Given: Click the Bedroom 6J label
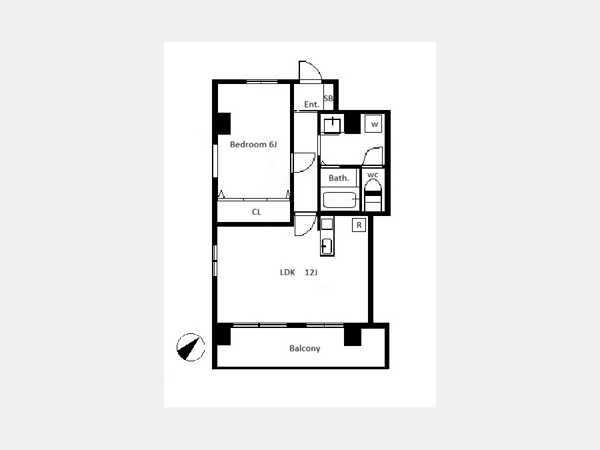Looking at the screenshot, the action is pyautogui.click(x=253, y=144).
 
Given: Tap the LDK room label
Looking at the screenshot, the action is pyautogui.click(x=287, y=273).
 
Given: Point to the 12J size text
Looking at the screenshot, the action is pyautogui.click(x=311, y=273).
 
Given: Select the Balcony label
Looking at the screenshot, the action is pyautogui.click(x=305, y=348).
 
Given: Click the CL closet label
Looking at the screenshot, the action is pyautogui.click(x=257, y=212).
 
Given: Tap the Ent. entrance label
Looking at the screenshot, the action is pyautogui.click(x=311, y=104).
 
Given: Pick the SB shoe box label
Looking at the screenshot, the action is pyautogui.click(x=328, y=99).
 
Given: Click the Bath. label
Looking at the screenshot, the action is pyautogui.click(x=339, y=178).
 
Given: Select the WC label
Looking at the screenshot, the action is pyautogui.click(x=373, y=175).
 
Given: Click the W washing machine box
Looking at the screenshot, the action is pyautogui.click(x=373, y=123).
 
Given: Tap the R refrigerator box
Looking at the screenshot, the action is pyautogui.click(x=359, y=225).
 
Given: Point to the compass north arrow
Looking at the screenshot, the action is pyautogui.click(x=190, y=347).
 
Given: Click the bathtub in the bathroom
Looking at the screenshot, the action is pyautogui.click(x=339, y=200).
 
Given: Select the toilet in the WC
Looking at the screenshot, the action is pyautogui.click(x=373, y=195).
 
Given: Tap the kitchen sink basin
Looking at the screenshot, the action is pyautogui.click(x=327, y=246).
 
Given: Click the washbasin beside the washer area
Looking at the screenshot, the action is pyautogui.click(x=332, y=125).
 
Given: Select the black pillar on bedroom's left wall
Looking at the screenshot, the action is pyautogui.click(x=224, y=123).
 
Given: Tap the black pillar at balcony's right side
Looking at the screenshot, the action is pyautogui.click(x=353, y=335).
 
